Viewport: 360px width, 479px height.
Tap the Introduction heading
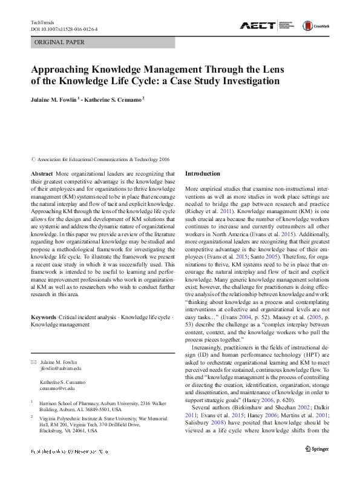pos(203,173)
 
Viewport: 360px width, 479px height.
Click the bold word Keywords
pos(43,317)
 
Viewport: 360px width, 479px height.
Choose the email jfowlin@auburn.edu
pos(60,368)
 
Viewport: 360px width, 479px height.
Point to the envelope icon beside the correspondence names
pos(33,362)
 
